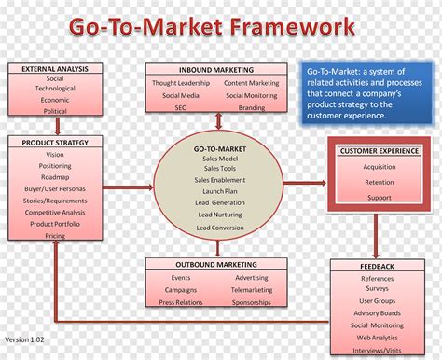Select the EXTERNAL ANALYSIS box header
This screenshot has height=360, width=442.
[x=54, y=68]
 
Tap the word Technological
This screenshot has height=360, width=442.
[x=54, y=90]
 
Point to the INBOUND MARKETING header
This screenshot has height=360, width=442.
[x=216, y=69]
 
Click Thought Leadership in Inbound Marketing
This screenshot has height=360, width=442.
[x=181, y=83]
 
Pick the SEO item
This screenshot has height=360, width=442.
[x=181, y=108]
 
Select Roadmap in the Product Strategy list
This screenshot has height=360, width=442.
[x=54, y=177]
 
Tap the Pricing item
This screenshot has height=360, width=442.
[x=54, y=236]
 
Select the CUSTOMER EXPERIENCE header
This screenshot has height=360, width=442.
[x=379, y=150]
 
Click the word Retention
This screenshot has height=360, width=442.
[x=379, y=183]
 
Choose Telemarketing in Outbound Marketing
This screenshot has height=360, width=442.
[x=252, y=290]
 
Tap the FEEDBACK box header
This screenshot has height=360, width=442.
[x=377, y=266]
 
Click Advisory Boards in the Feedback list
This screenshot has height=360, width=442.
[x=377, y=312]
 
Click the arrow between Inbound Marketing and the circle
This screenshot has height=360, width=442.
[x=217, y=122]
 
